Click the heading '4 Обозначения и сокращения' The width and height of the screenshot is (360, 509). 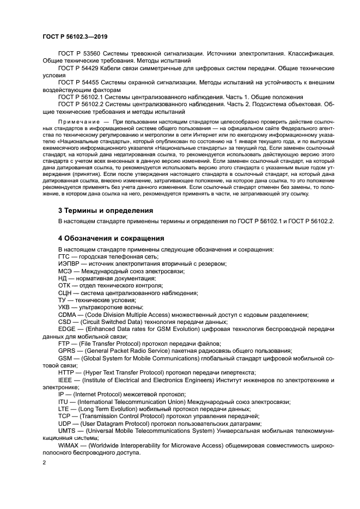point(111,238)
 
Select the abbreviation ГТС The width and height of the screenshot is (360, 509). point(65,256)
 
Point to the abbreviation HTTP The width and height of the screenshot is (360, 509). point(66,372)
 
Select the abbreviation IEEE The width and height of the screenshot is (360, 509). point(65,379)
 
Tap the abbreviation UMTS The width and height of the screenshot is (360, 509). point(67,430)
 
